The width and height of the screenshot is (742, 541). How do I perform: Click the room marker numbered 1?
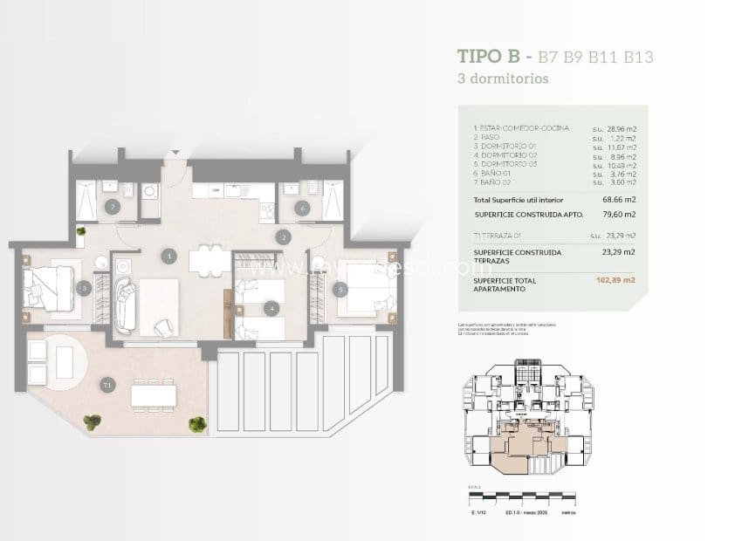(x=169, y=256)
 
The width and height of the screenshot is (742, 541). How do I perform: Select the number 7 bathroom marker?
(x=112, y=208)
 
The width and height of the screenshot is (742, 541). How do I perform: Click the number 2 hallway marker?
(x=283, y=236)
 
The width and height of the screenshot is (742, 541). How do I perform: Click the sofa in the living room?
(x=124, y=305)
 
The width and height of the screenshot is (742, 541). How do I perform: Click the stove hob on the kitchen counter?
(x=265, y=209)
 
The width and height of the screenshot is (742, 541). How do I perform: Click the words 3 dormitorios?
(x=503, y=78)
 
